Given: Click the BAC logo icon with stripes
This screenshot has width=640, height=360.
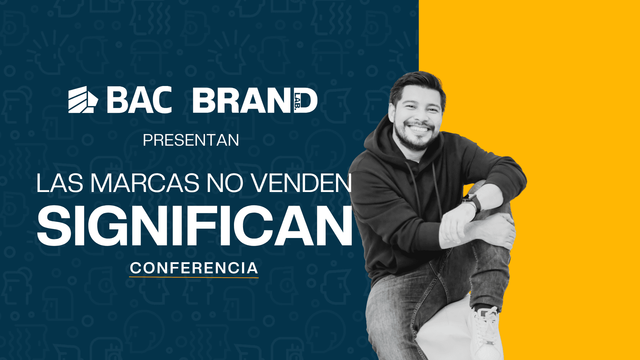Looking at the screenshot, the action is [x=83, y=100].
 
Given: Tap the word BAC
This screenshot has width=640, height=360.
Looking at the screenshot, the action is [x=139, y=100].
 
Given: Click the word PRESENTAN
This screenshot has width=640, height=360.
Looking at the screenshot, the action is [x=191, y=140].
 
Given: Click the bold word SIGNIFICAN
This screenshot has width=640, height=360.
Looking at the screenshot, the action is [x=195, y=226].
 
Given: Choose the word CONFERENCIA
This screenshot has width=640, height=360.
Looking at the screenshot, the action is [x=194, y=268].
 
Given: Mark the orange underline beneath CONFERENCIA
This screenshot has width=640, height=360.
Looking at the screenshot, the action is [x=194, y=277].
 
